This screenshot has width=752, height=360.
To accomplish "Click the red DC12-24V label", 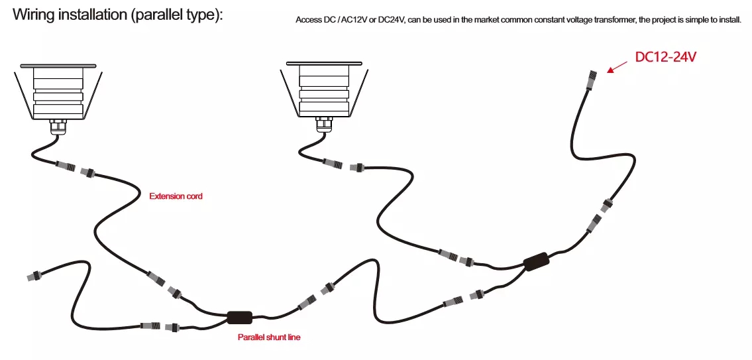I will pyautogui.click(x=665, y=57).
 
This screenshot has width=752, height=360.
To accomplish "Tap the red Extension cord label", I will pyautogui.click(x=176, y=196).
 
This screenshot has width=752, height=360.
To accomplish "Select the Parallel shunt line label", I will pyautogui.click(x=269, y=337).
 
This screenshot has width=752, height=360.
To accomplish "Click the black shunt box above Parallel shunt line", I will pyautogui.click(x=239, y=318).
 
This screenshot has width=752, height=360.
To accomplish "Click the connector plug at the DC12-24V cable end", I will pyautogui.click(x=592, y=79).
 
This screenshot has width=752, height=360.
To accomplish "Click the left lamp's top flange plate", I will pyautogui.click(x=58, y=66).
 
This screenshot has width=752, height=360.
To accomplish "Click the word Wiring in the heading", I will pyautogui.click(x=32, y=15).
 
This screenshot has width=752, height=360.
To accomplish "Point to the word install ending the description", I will pyautogui.click(x=729, y=21).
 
